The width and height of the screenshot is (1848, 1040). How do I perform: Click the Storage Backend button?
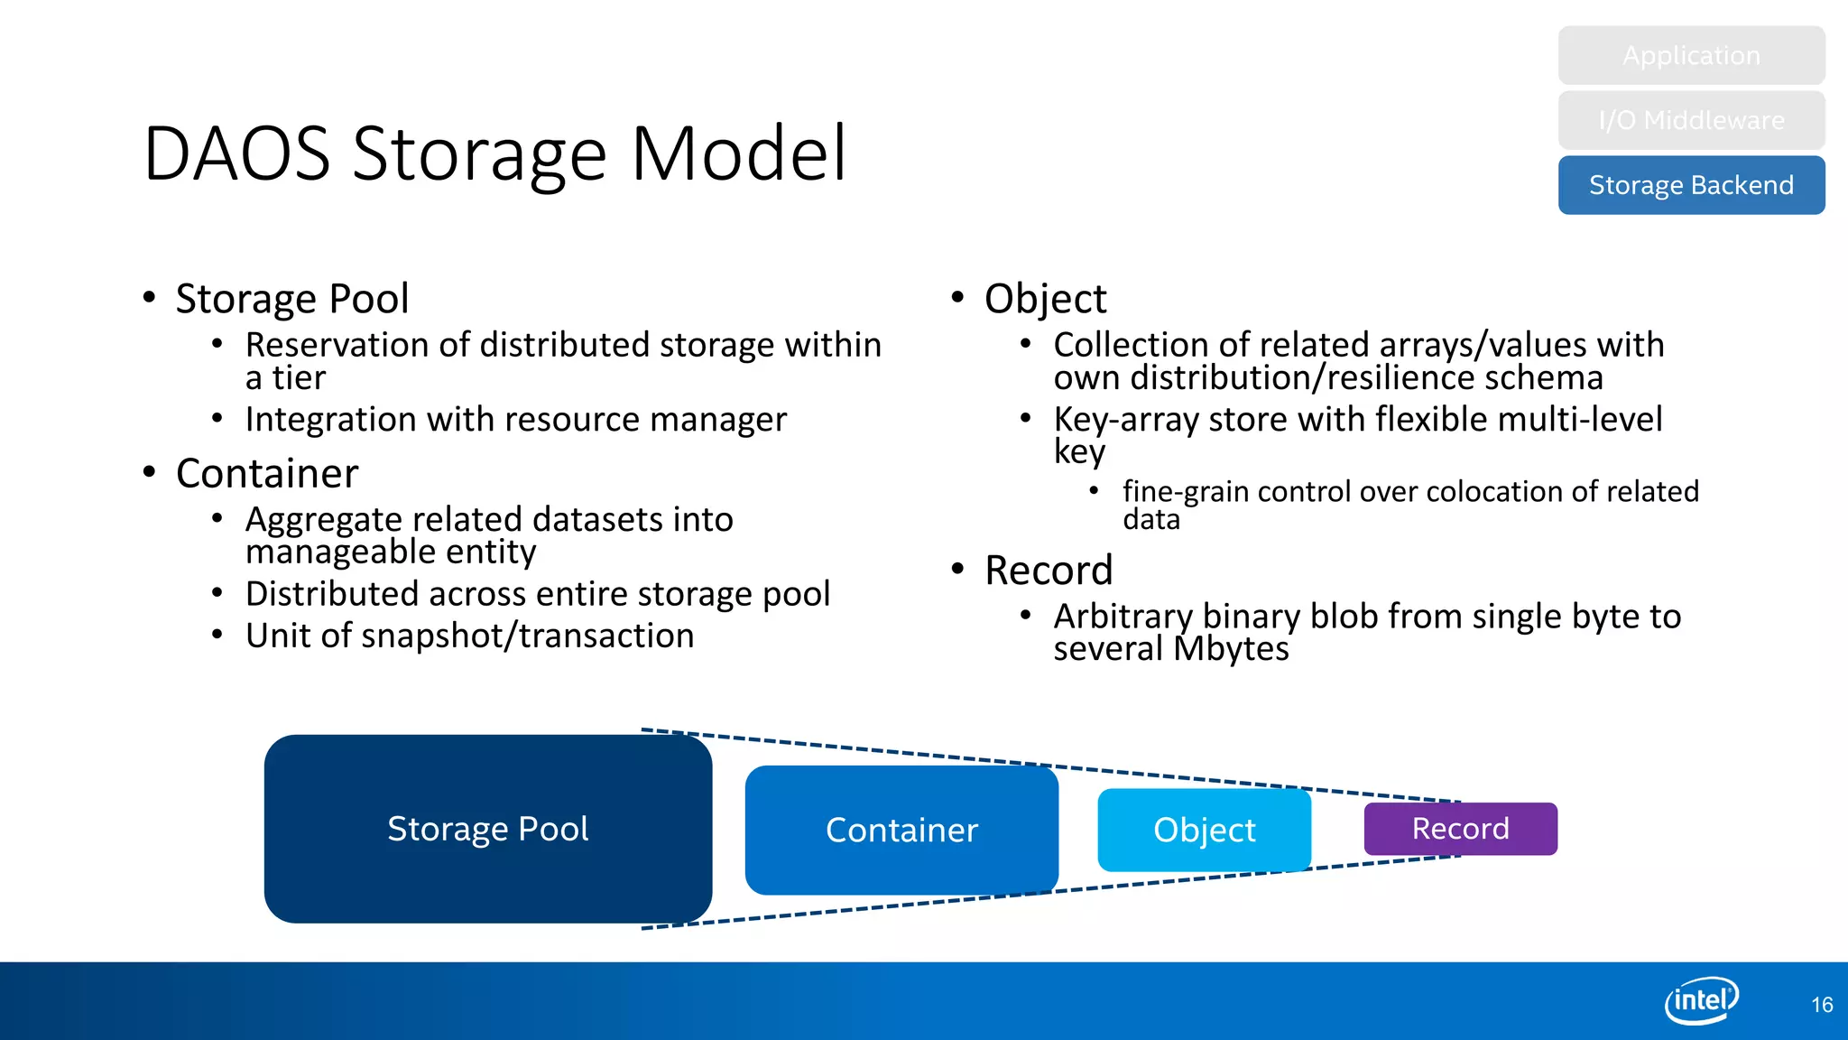tap(1691, 185)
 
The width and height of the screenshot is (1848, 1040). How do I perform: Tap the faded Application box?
tap(1691, 55)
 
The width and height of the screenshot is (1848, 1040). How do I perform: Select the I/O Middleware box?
tap(1691, 120)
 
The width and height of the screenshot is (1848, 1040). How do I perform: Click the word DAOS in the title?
tap(237, 154)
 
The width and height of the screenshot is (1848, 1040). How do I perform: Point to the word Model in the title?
tap(738, 154)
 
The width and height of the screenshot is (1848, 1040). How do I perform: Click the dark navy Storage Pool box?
tap(487, 829)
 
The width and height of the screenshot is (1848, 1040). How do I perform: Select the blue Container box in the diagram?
tap(901, 831)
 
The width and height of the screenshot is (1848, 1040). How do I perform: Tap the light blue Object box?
tap(1204, 831)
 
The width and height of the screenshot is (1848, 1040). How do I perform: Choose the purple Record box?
tap(1460, 829)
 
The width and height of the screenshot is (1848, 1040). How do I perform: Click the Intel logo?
tap(1701, 1000)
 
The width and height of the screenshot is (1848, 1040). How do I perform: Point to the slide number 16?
tap(1821, 1005)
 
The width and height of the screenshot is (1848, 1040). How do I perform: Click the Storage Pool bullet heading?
tap(292, 299)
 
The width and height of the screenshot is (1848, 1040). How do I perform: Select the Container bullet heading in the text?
tap(267, 474)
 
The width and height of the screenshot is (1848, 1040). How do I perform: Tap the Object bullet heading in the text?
tap(1045, 299)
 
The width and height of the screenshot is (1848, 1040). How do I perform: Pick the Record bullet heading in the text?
tap(1049, 571)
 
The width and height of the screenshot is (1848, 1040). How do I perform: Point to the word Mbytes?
tap(1232, 649)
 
